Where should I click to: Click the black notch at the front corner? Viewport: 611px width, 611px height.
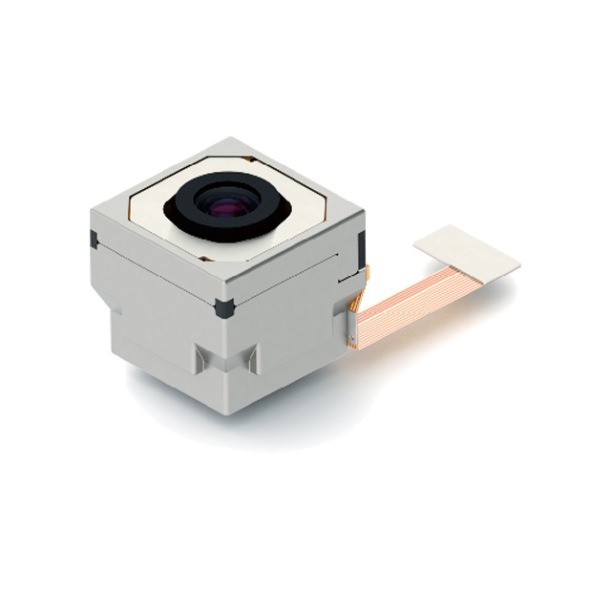pyautogui.click(x=224, y=307)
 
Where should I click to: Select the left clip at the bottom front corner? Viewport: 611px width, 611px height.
pyautogui.click(x=201, y=359)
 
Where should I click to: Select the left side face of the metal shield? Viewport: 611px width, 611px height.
pyautogui.click(x=153, y=286)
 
